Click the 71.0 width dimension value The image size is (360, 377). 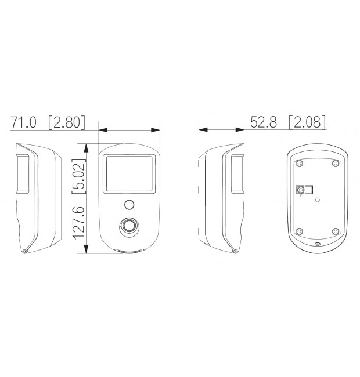coord(23,122)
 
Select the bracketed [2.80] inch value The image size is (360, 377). coord(67,122)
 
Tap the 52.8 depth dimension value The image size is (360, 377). coord(264,122)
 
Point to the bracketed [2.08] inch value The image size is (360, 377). coord(308,122)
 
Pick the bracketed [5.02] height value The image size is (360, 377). coord(79,176)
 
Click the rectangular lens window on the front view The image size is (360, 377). coord(129,174)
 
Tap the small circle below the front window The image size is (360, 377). coord(129,205)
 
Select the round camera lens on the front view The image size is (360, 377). coord(129,226)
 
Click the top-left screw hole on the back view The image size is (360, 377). coord(299,163)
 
